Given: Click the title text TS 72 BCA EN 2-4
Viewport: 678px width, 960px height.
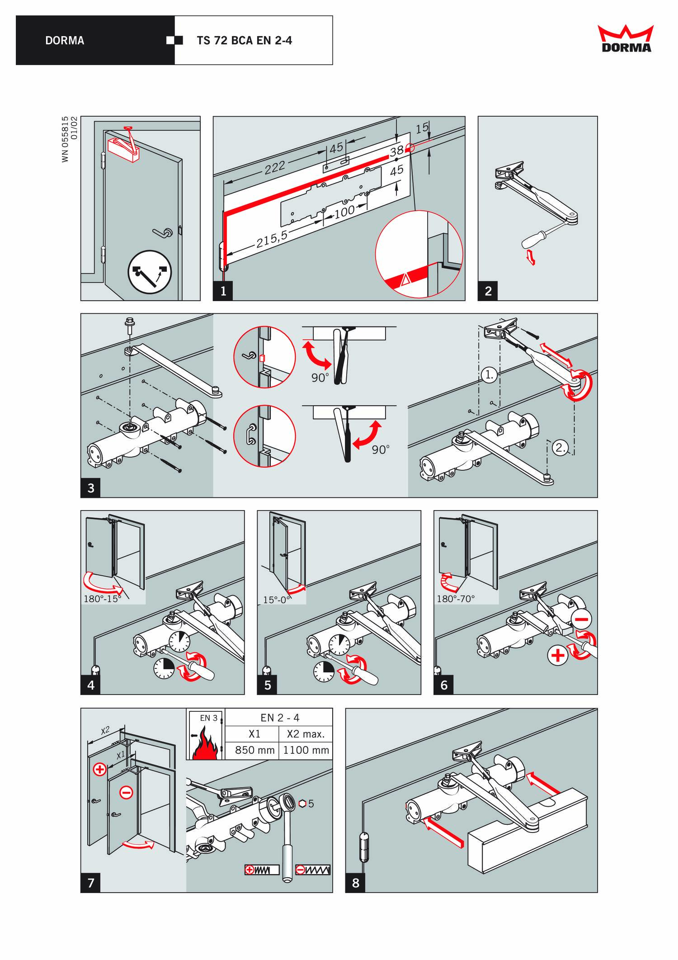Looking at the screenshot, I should (x=244, y=41).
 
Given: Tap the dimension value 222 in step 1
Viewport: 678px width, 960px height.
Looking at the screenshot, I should (x=275, y=168).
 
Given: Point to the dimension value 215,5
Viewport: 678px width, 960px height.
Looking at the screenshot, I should (x=272, y=239).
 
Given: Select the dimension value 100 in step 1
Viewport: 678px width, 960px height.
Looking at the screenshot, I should (x=344, y=212).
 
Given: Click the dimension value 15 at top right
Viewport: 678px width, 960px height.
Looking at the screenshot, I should (x=422, y=128).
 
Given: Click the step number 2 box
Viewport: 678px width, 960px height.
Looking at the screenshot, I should (x=488, y=291).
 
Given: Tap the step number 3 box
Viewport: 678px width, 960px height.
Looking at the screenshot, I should (x=91, y=488).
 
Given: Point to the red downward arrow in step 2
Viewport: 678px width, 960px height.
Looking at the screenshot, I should (x=532, y=258).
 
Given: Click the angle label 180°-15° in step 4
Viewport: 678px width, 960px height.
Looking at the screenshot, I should (x=103, y=599).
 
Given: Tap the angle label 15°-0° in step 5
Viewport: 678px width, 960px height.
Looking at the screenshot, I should (x=277, y=600).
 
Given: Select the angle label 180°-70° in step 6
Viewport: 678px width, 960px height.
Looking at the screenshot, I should (x=456, y=599).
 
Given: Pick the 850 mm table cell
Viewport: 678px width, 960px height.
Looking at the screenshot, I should (x=254, y=750).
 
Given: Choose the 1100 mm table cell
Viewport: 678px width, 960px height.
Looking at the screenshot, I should (x=306, y=750).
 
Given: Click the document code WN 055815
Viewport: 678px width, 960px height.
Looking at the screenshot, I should (x=66, y=139).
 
